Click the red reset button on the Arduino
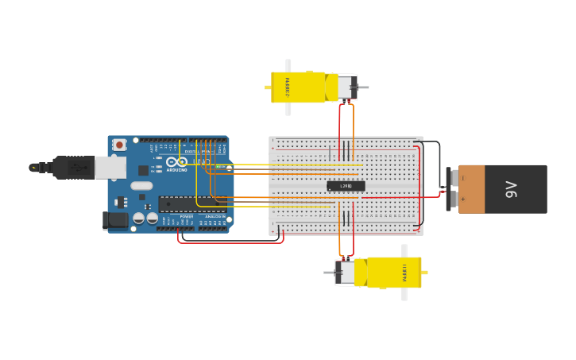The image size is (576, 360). coord(119,144)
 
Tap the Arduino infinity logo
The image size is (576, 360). coord(176,162)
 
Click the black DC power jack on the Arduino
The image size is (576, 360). coord(115,221)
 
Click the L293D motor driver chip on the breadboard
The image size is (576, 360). coord(346,186)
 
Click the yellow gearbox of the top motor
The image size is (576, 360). coord(298,87)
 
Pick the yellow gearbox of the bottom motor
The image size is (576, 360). coord(393,272)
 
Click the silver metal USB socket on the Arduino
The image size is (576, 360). coord(110,168)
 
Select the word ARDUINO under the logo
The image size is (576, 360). coord(177,170)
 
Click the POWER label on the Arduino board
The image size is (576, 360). coord(187,216)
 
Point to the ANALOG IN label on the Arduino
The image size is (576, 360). coord(215,216)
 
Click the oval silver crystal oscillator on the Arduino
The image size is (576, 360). coord(141,186)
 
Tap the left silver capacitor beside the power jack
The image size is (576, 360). coord(139,218)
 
